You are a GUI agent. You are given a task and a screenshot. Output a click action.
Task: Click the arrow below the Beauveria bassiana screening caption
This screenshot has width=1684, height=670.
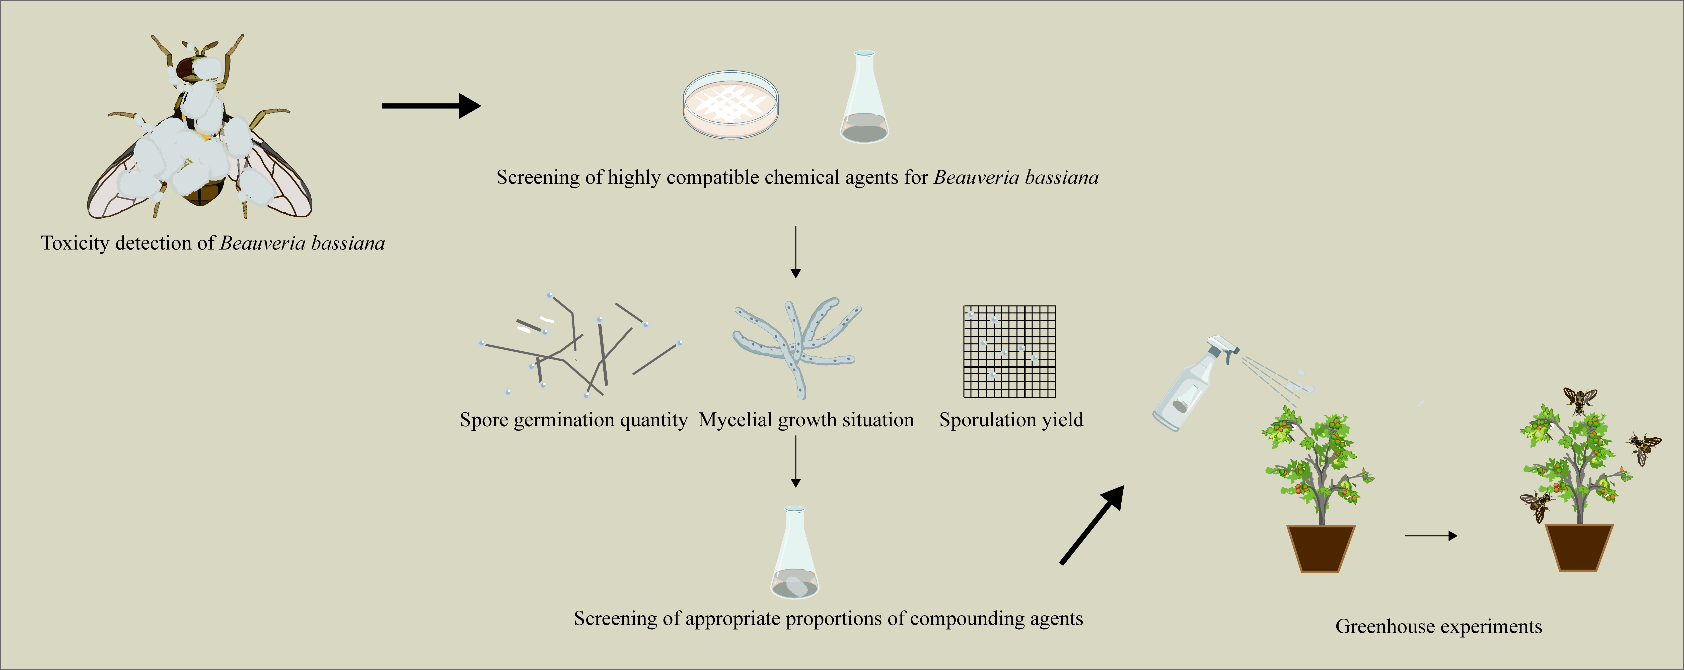795,252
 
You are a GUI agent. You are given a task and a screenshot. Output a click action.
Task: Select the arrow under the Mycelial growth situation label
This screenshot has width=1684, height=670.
795,461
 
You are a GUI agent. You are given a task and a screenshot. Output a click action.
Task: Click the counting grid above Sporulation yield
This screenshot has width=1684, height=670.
1009,351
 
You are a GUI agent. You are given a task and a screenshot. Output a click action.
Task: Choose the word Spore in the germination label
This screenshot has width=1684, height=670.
484,420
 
